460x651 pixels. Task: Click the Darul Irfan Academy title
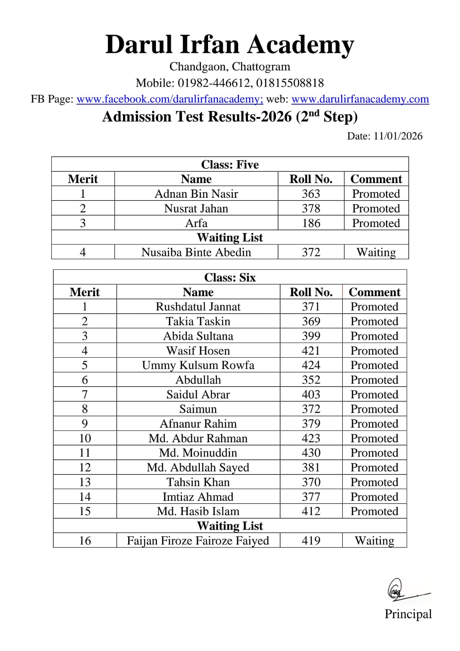[230, 44]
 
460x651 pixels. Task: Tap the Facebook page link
[170, 99]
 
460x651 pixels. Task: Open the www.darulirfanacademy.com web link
[360, 99]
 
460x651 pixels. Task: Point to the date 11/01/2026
[398, 136]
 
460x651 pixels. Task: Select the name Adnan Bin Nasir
[196, 194]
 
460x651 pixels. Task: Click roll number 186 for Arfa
[311, 223]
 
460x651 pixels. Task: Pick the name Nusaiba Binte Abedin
[196, 252]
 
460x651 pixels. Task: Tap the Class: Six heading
[230, 277]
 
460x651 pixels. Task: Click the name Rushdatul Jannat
[198, 306]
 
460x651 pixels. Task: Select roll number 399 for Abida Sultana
[311, 336]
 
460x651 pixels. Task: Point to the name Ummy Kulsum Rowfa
[198, 365]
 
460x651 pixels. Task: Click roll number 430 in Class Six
[311, 452]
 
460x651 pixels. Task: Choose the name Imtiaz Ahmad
[198, 496]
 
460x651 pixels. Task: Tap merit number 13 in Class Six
[85, 482]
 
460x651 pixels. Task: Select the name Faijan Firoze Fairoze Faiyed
[198, 540]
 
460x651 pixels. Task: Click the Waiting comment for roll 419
[374, 540]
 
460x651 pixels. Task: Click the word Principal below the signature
[408, 614]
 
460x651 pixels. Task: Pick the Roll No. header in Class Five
[311, 179]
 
